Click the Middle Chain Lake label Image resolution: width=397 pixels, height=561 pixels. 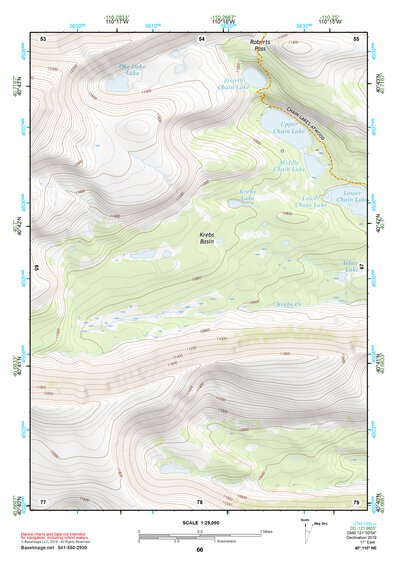click(x=289, y=167)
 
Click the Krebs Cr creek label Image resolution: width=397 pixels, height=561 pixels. click(x=288, y=304)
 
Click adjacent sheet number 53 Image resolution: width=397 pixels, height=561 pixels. click(x=43, y=38)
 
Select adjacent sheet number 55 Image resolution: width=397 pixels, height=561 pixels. click(x=356, y=38)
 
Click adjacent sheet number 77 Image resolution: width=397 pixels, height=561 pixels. click(x=43, y=501)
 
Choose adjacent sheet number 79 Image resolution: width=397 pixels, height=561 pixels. click(x=356, y=501)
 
